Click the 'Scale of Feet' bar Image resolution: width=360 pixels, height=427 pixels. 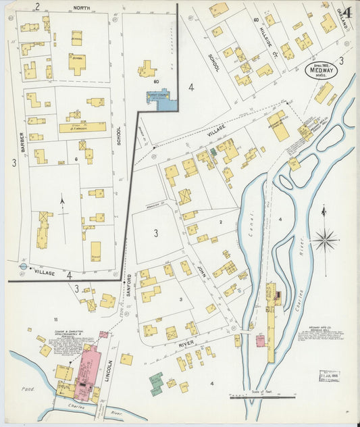pos(257,397)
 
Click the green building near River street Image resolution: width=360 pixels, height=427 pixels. pos(157,383)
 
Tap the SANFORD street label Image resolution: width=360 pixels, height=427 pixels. pos(129,286)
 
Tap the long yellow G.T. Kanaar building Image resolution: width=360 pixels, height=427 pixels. pos(82,126)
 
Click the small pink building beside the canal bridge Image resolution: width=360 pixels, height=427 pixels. pos(261,340)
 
